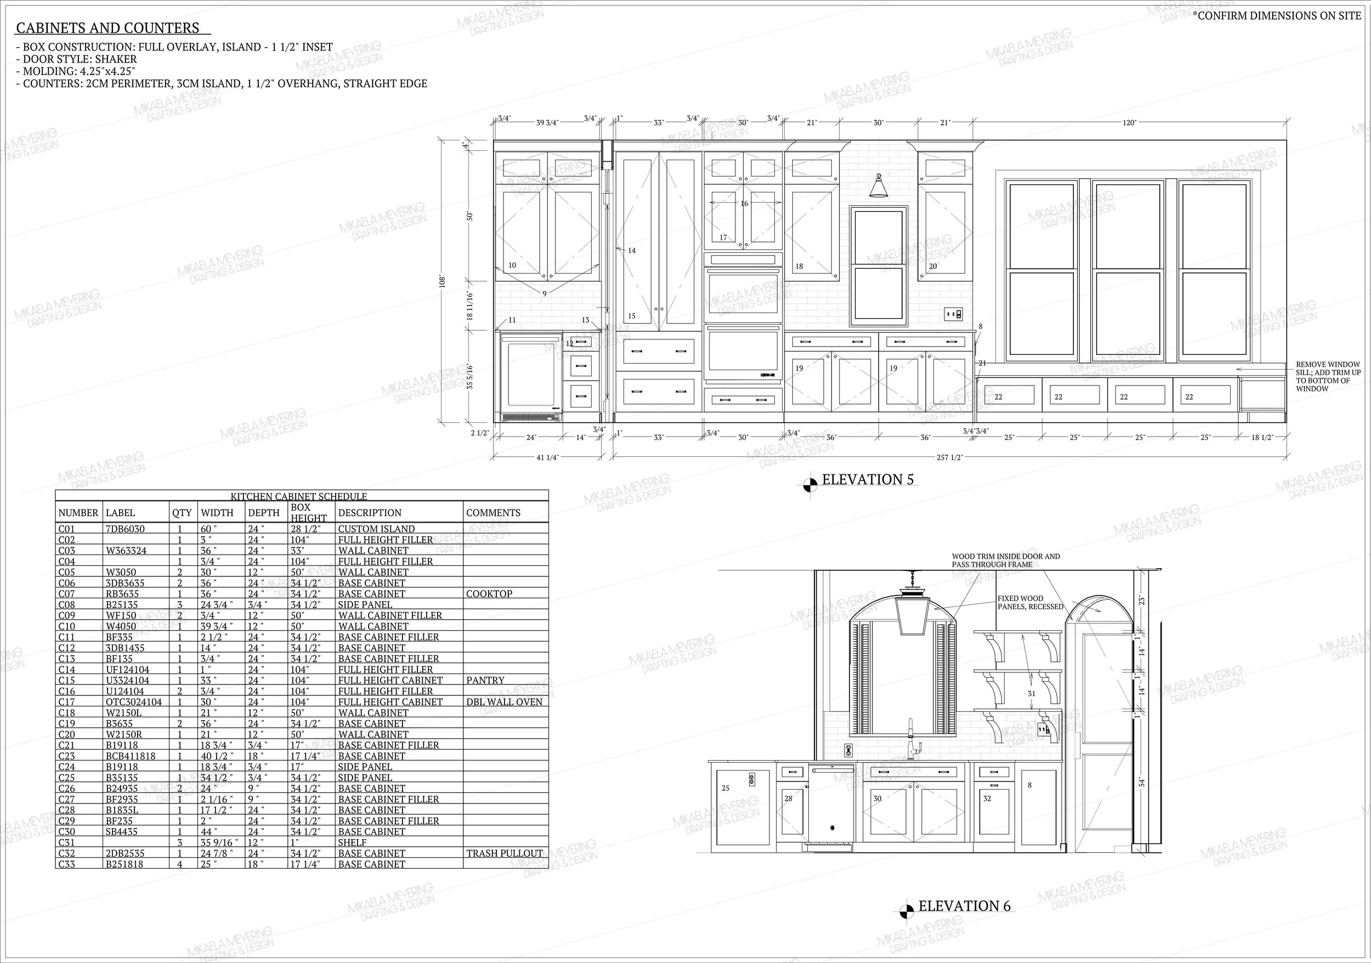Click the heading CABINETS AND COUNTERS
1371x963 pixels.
coord(107,28)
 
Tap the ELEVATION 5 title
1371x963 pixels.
coord(868,479)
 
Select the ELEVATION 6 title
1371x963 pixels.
coord(964,905)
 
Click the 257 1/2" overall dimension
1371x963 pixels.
coord(949,457)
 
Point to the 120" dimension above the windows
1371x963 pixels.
coord(1129,122)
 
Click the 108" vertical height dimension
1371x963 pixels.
coord(443,281)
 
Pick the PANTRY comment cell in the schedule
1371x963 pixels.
coord(485,680)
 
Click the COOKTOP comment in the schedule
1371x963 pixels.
coord(489,593)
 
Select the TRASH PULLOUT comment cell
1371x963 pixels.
coord(505,853)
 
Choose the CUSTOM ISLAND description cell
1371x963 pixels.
coord(376,528)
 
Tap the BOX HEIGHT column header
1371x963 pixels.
coord(309,512)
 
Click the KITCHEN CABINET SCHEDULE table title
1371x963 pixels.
coord(298,496)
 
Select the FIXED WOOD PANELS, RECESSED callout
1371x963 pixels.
coord(1030,602)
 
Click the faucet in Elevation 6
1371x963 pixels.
coord(913,740)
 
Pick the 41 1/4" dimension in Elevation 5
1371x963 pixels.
coord(547,457)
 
